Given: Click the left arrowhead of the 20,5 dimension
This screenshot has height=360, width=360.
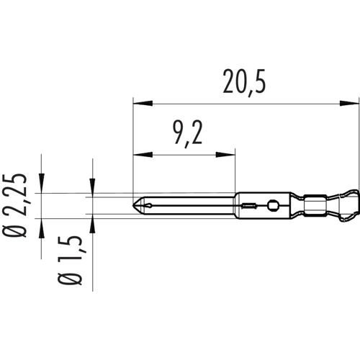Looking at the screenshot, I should point(139,103).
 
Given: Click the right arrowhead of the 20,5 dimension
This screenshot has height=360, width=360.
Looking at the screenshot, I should point(354,103).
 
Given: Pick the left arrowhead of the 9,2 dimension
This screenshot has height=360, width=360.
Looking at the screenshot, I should point(139,153).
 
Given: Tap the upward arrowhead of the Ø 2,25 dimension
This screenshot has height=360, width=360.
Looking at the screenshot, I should point(42,222).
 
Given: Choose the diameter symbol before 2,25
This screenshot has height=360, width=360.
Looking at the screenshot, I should point(21,230).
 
